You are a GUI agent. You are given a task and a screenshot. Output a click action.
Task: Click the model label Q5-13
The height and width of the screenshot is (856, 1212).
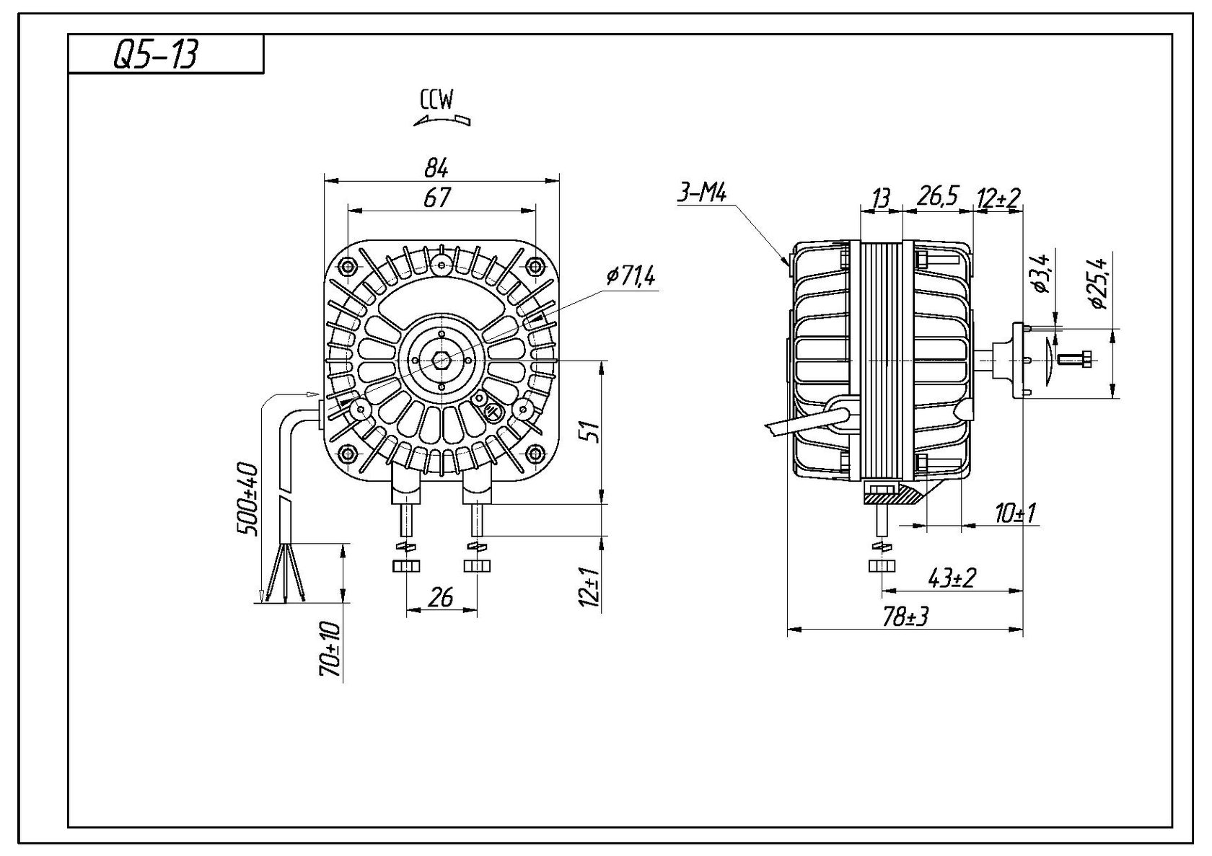[154, 56]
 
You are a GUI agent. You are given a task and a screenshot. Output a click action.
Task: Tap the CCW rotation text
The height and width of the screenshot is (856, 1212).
[436, 100]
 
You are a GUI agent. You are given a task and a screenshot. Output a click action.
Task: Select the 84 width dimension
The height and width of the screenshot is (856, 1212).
[436, 168]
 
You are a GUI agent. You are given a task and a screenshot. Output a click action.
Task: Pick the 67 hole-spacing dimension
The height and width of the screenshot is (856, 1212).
[437, 197]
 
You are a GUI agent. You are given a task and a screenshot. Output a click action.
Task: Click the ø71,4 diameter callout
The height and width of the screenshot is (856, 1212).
[631, 275]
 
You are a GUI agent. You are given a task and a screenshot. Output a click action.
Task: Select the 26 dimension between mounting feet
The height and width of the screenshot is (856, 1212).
[441, 596]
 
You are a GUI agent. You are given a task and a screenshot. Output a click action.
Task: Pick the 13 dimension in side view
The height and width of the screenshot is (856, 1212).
[880, 198]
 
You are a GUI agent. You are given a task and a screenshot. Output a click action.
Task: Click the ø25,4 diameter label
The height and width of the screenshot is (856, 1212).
[1101, 282]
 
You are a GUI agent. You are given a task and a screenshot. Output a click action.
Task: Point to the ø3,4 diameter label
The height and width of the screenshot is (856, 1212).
[1042, 275]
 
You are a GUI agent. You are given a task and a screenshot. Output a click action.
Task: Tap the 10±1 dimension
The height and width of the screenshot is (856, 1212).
[1015, 513]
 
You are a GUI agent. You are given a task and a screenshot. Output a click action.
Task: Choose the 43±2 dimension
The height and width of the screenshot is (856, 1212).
[952, 578]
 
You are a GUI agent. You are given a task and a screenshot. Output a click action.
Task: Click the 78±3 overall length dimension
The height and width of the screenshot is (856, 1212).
[905, 617]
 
